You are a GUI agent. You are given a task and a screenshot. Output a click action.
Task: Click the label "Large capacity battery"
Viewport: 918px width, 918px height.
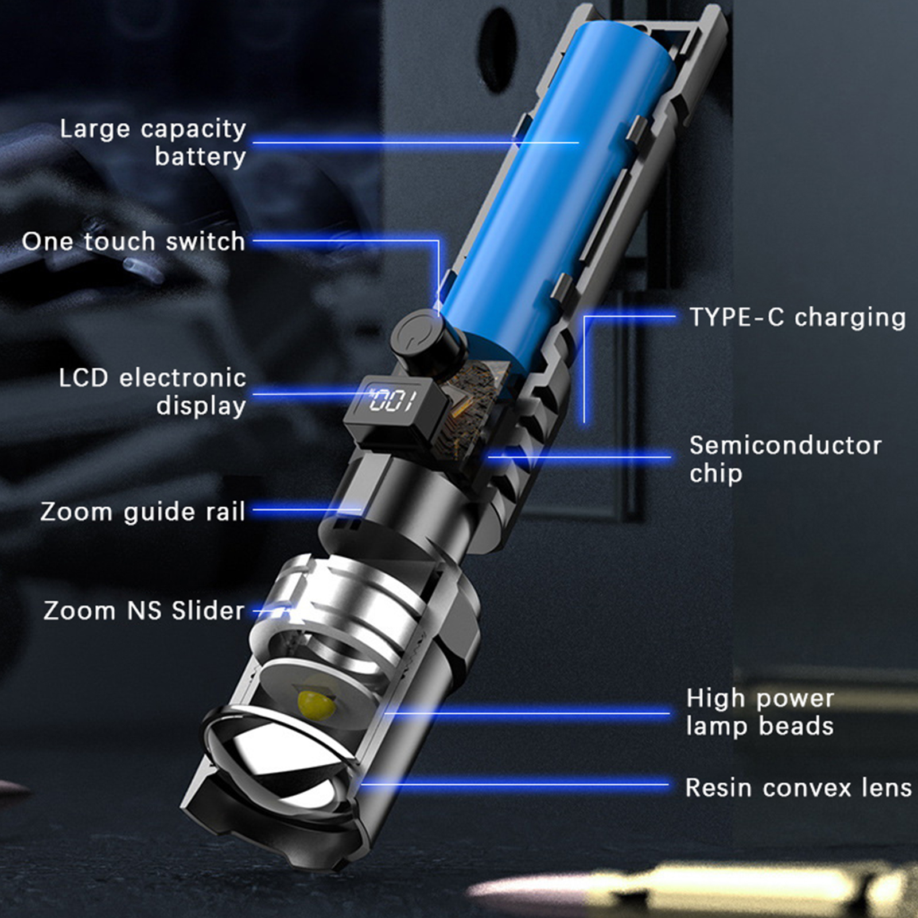click(153, 143)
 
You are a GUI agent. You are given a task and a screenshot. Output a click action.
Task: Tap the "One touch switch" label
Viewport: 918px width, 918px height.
click(134, 242)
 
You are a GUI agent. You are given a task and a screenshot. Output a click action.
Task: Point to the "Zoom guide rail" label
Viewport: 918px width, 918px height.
click(143, 512)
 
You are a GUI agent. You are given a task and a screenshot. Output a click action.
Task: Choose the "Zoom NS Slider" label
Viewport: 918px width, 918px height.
click(144, 610)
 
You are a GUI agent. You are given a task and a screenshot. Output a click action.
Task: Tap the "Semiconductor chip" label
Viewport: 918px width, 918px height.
click(785, 459)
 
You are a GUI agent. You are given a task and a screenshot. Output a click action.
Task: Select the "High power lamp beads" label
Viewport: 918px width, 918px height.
click(760, 712)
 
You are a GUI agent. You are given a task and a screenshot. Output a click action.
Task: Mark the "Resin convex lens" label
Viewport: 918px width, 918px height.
click(799, 788)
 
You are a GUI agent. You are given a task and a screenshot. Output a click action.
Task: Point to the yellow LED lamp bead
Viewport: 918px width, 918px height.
click(316, 703)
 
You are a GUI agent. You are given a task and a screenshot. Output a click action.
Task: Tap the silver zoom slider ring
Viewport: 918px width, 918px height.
click(356, 608)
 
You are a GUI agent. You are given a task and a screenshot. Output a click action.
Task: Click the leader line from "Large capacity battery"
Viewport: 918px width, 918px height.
click(416, 142)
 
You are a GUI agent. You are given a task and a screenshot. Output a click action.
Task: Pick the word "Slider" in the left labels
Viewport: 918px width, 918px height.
click(208, 610)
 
